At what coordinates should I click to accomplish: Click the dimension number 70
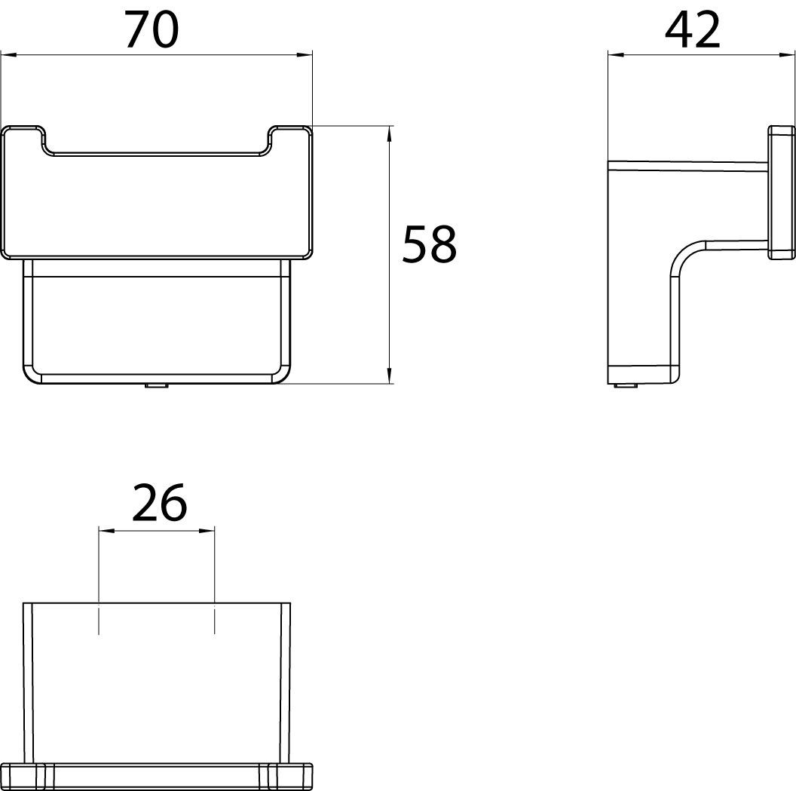coord(152,29)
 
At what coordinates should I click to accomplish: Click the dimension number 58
coord(430,245)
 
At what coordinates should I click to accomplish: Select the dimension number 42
coord(693,29)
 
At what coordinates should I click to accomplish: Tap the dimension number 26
coord(159,502)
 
